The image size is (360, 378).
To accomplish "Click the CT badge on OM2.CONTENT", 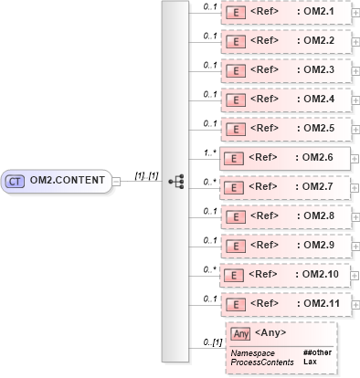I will (x=16, y=181).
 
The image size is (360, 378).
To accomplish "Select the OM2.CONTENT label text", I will (x=69, y=181).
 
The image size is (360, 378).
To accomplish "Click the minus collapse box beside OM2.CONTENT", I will (x=116, y=181).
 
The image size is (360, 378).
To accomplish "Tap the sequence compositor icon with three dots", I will (x=177, y=181).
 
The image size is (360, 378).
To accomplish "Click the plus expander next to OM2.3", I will (x=355, y=71).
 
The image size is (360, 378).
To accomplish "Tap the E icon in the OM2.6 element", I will (x=235, y=158).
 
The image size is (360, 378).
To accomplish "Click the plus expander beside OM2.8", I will (x=355, y=216).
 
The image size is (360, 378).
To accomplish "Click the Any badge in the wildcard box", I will (x=241, y=333).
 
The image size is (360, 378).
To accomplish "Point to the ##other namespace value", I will (x=316, y=352).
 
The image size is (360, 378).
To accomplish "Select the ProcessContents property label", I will (x=262, y=362).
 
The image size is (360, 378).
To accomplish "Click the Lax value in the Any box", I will (x=310, y=362).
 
